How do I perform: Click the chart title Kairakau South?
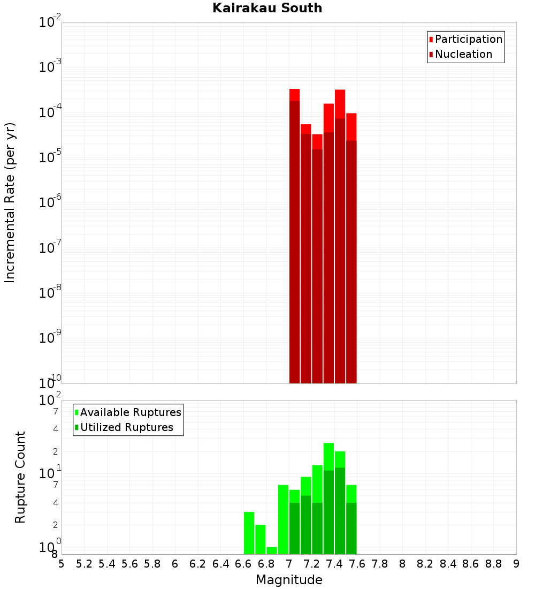click(x=267, y=8)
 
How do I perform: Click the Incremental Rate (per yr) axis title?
click(x=10, y=202)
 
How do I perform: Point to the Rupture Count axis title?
click(x=20, y=477)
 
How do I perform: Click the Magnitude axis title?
click(x=289, y=580)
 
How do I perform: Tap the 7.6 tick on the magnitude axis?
click(x=357, y=564)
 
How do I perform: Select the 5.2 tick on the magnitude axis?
click(x=84, y=564)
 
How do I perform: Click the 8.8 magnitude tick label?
click(x=494, y=564)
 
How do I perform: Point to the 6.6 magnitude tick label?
click(x=243, y=564)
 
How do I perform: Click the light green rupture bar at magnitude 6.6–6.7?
click(x=249, y=533)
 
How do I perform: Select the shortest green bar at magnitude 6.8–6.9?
click(x=272, y=550)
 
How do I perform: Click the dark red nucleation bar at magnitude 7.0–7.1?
click(x=294, y=241)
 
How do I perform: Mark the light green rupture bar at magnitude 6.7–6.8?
click(x=260, y=539)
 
